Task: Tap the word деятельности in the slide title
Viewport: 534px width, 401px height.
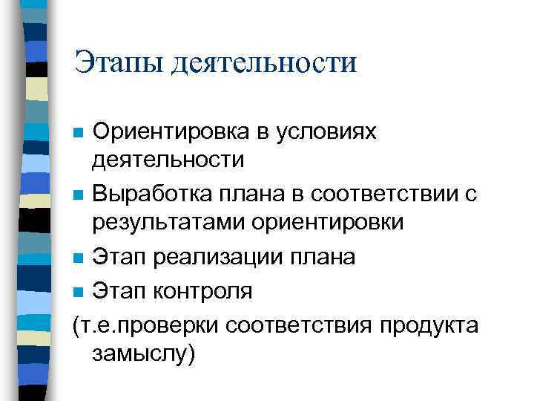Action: point(264,62)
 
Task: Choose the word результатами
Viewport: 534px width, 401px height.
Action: point(154,221)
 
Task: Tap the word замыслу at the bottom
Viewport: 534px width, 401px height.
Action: point(142,353)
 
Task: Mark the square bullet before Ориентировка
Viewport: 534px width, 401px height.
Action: point(79,134)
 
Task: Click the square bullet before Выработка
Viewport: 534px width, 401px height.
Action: point(79,197)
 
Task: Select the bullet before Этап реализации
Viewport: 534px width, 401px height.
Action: point(79,258)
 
